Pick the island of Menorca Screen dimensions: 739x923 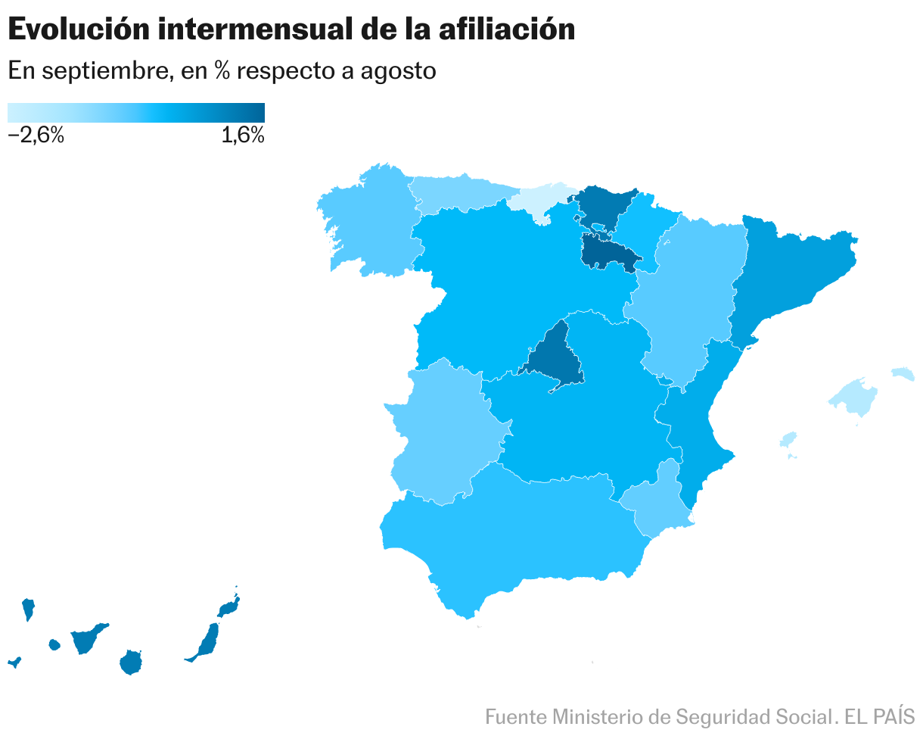903,373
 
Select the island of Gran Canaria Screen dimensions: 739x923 132,663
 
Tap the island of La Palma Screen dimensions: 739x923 28,608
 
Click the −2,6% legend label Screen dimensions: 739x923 36,136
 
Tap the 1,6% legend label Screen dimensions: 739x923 243,136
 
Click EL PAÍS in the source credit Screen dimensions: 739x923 879,716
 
